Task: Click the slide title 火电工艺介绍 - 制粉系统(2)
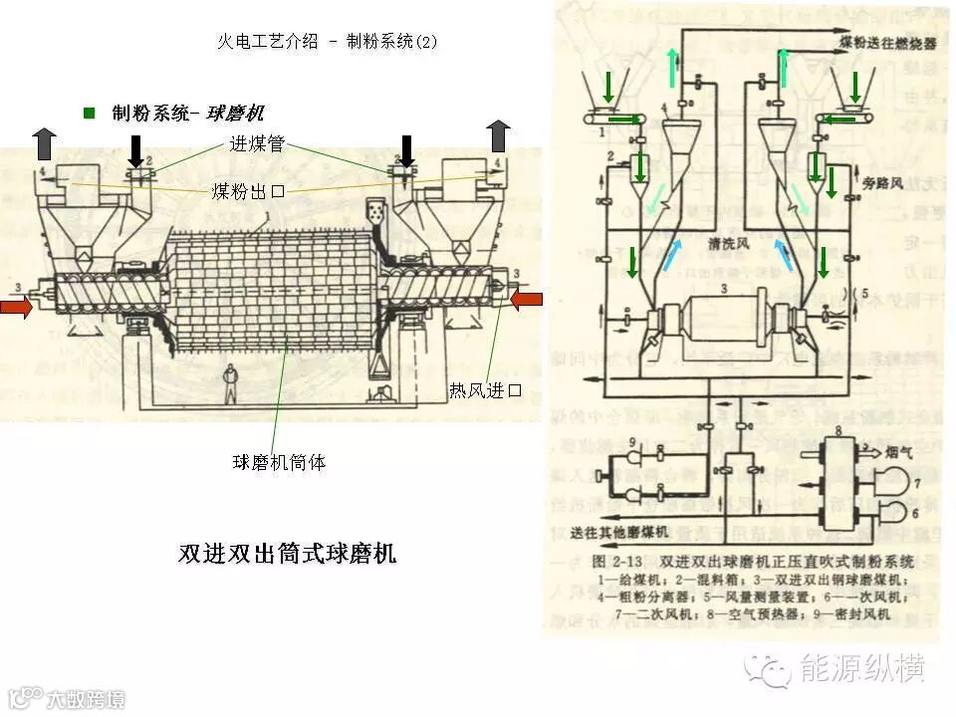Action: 327,42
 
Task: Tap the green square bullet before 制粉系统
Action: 89,113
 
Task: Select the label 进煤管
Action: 257,143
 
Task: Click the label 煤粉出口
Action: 248,190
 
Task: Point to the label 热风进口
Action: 485,390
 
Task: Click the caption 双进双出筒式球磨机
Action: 287,554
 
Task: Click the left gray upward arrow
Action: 42,143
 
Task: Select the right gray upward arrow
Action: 499,135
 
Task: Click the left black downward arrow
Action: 135,149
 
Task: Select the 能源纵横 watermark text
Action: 862,669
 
